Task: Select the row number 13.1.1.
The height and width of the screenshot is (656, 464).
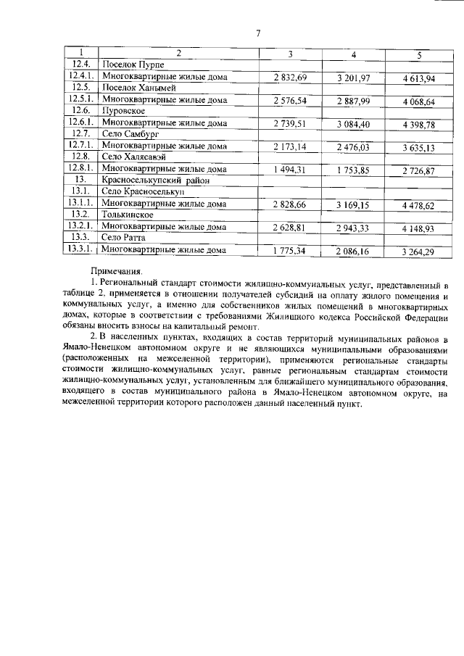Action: click(80, 204)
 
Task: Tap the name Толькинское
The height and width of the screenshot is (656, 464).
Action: click(128, 215)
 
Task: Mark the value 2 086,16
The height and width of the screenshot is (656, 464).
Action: click(354, 252)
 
